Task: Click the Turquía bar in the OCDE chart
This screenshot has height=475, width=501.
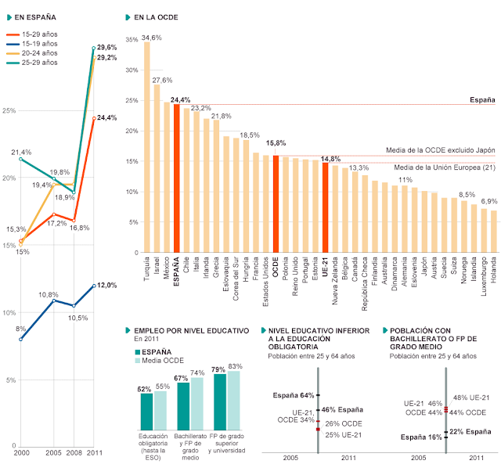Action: click(147, 149)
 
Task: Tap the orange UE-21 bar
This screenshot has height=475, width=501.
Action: click(325, 207)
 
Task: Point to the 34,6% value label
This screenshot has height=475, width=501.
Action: click(152, 37)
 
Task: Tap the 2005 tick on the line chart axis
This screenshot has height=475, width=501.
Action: click(52, 454)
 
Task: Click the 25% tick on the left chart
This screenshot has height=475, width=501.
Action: click(9, 110)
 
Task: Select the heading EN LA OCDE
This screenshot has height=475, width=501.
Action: click(156, 16)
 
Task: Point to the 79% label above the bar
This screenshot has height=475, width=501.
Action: click(218, 369)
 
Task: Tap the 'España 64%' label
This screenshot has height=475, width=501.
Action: click(294, 394)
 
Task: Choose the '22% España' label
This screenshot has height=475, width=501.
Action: click(470, 431)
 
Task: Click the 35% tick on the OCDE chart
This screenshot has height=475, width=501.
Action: click(131, 39)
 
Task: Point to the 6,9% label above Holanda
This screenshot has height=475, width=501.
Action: click(488, 202)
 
